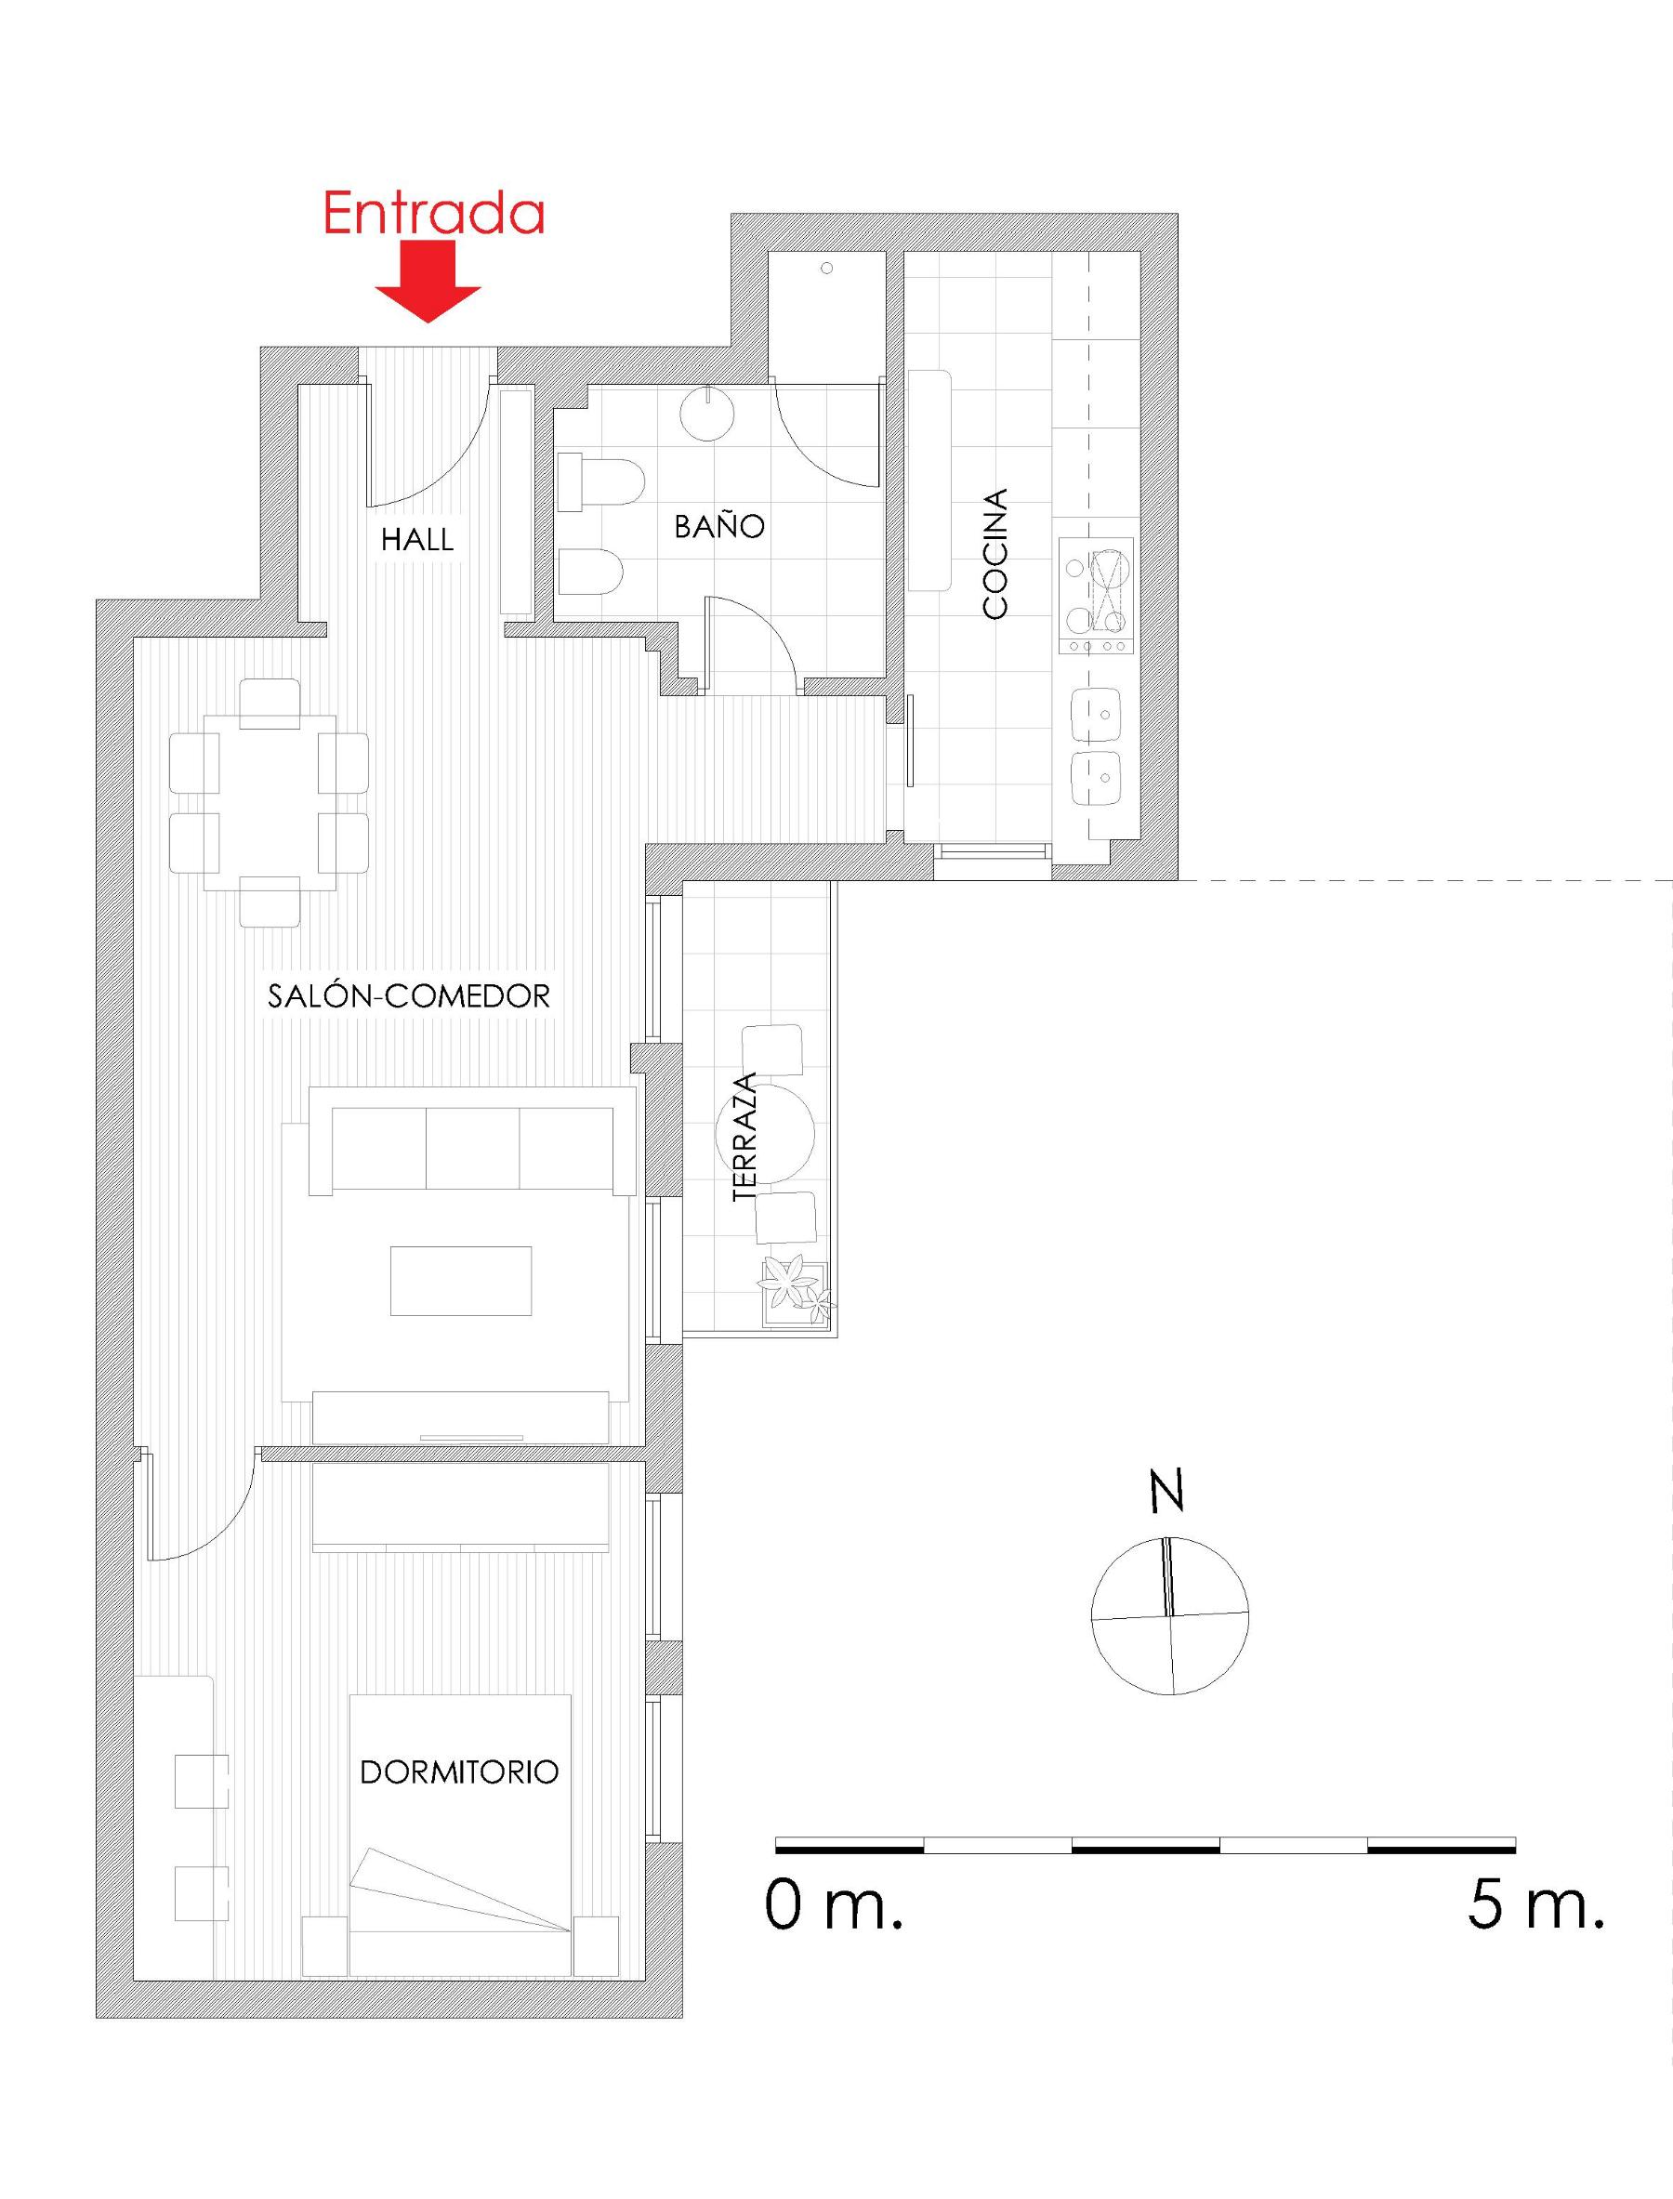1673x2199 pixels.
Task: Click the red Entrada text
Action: [434, 213]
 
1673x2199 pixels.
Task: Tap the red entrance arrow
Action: [428, 283]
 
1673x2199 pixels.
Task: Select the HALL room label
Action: [417, 540]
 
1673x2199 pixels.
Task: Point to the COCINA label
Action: [995, 554]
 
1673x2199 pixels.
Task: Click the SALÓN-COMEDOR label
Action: [409, 996]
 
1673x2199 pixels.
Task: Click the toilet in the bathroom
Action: [601, 484]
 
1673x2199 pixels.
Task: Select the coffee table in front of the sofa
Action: [461, 1281]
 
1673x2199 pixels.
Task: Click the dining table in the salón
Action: [269, 802]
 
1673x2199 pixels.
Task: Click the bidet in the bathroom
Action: [591, 573]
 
